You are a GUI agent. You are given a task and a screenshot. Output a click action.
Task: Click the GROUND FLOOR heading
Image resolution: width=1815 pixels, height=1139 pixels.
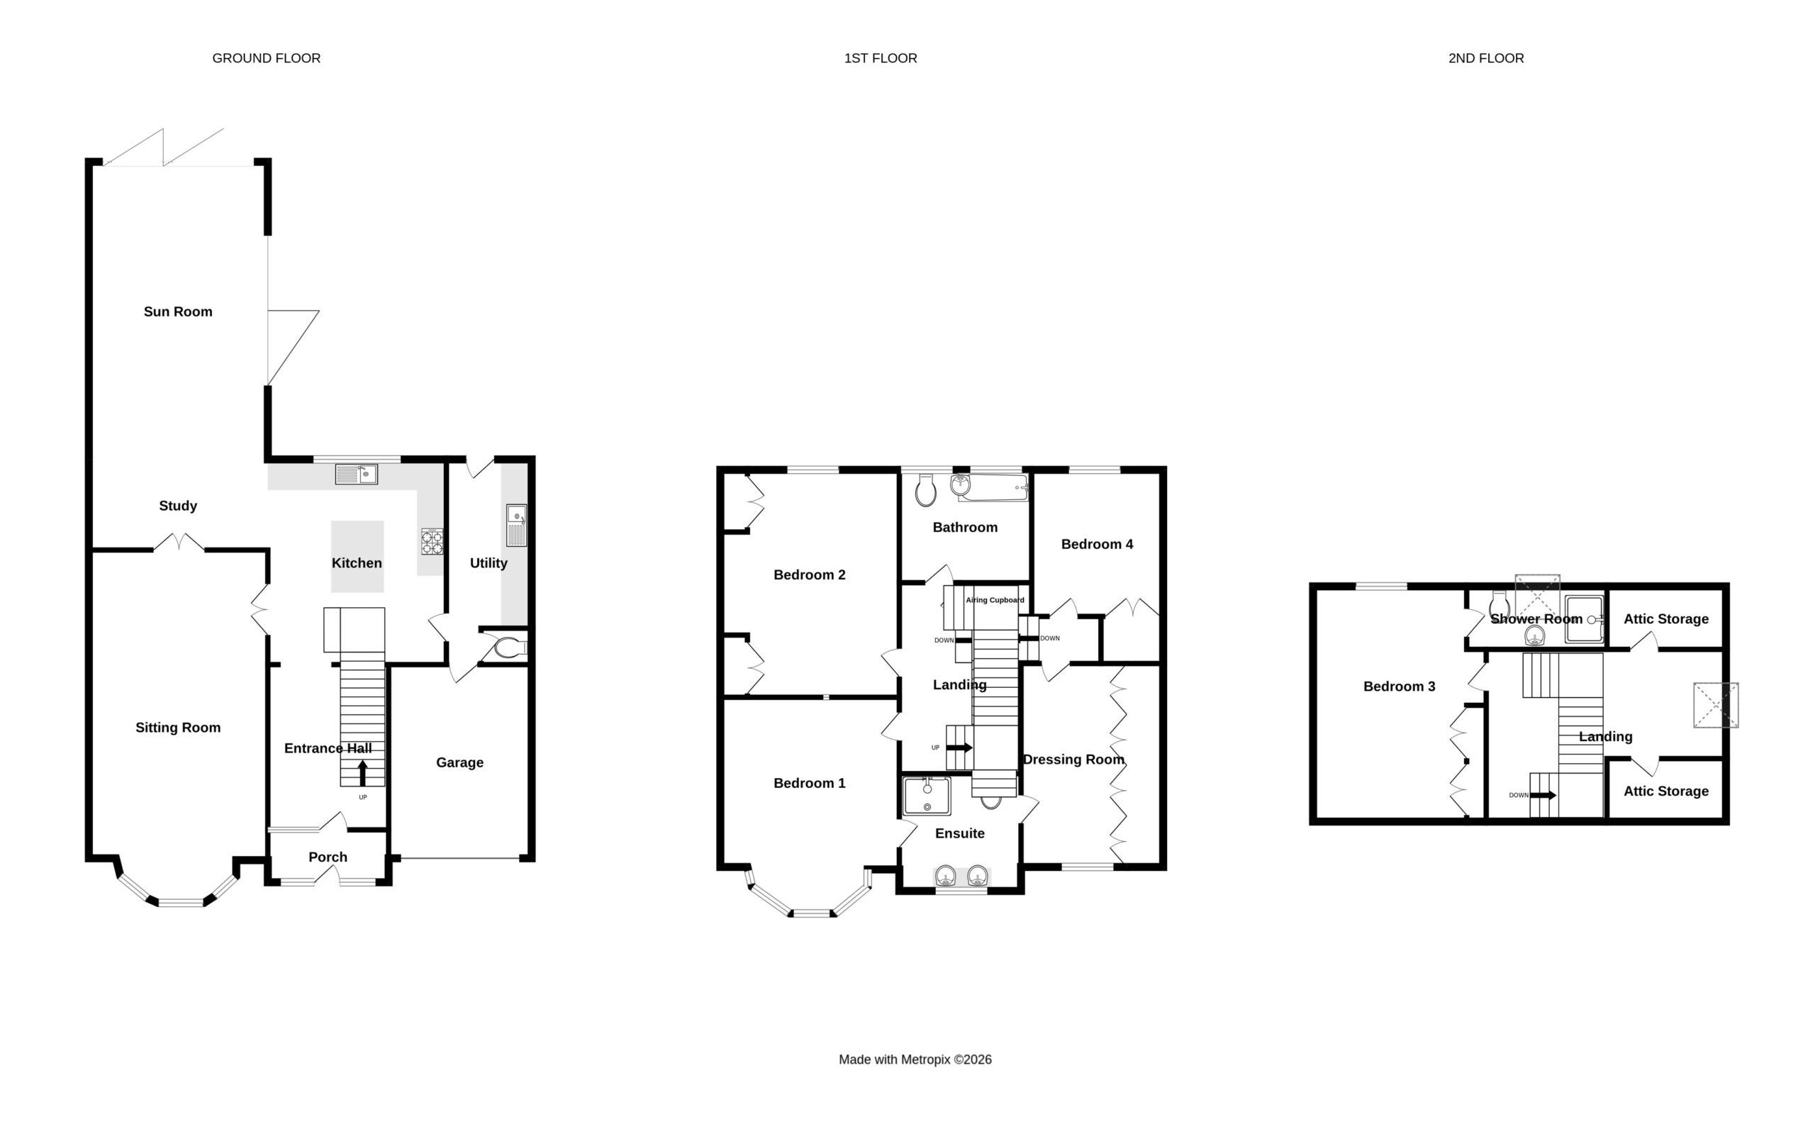click(x=266, y=58)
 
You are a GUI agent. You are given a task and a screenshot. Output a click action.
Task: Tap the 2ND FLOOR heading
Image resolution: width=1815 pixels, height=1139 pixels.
click(x=1485, y=58)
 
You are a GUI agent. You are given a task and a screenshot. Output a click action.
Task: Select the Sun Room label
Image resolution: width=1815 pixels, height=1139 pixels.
click(x=178, y=311)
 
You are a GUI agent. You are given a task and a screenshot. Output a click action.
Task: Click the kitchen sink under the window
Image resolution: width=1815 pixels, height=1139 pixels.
click(x=356, y=474)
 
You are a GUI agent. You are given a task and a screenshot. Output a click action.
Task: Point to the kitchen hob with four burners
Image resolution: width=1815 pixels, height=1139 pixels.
click(x=432, y=542)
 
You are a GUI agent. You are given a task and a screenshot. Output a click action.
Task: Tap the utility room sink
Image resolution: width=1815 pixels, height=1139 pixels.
click(x=517, y=525)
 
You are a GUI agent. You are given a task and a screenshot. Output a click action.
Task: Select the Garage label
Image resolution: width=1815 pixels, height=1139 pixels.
click(x=459, y=762)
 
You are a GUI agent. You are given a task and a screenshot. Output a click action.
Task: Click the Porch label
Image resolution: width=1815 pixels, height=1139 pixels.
click(x=328, y=857)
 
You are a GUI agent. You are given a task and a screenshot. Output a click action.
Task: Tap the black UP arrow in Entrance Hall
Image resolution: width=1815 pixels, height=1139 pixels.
click(x=362, y=774)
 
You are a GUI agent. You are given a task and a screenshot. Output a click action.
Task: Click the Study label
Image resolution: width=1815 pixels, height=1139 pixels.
click(x=178, y=506)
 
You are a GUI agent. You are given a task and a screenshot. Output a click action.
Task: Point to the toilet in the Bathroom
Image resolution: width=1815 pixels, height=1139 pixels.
click(x=925, y=490)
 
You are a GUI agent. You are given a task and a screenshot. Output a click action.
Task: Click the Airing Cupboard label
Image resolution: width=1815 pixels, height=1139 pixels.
click(x=995, y=599)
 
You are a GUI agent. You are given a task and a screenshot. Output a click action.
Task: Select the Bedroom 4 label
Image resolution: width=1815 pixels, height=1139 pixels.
click(x=1097, y=544)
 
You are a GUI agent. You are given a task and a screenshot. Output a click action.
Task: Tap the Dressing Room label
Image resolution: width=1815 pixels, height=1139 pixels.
click(x=1073, y=760)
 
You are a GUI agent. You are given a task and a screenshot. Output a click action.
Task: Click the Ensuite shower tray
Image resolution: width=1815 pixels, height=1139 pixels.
click(x=927, y=796)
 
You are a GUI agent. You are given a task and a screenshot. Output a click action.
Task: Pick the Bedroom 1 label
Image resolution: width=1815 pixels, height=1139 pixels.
click(x=809, y=783)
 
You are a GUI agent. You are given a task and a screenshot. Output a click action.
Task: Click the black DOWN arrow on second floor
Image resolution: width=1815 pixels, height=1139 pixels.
click(x=1543, y=795)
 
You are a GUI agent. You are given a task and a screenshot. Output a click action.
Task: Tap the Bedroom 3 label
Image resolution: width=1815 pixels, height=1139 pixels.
click(x=1400, y=687)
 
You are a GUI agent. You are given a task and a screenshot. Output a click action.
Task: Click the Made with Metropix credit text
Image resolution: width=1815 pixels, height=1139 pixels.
click(x=915, y=1059)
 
